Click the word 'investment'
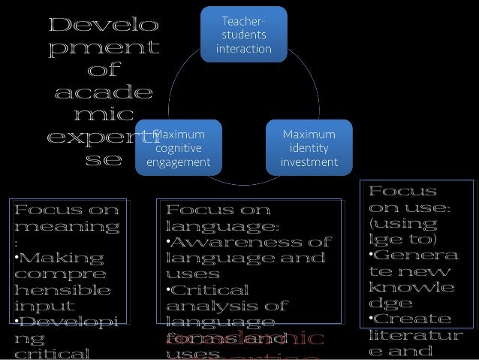[309, 161]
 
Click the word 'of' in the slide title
[103, 72]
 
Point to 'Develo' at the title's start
[103, 26]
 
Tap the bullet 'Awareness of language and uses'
[248, 258]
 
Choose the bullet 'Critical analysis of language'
[225, 306]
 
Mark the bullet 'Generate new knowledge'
[411, 280]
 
